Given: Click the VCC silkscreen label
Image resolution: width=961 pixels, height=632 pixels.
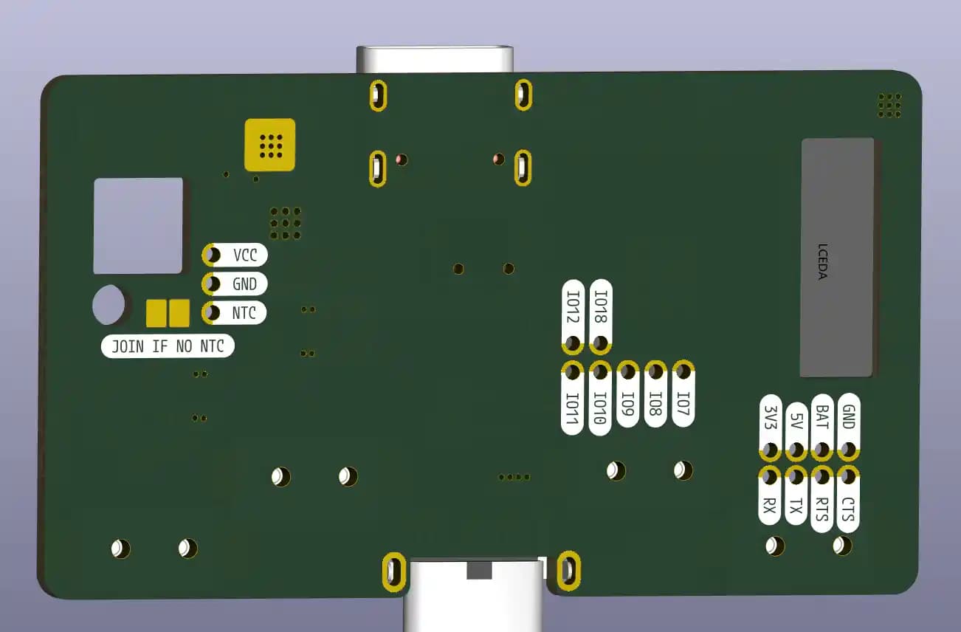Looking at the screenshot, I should point(245,255).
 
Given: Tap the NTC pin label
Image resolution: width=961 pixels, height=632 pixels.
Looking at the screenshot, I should point(244,313).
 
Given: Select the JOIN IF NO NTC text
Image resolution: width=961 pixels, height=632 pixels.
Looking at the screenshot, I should point(168,346).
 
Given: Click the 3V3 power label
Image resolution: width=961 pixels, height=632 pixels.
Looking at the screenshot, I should point(771,419).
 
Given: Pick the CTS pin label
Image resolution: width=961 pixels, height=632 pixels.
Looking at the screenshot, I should point(847,509).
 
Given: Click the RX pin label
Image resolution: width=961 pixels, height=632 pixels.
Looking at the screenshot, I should point(770,505).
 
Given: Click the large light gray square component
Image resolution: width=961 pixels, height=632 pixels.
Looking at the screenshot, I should point(138,225).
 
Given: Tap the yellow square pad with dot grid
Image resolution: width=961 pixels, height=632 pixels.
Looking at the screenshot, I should point(270,144).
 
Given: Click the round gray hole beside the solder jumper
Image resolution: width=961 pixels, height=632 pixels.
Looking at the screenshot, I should point(109,304).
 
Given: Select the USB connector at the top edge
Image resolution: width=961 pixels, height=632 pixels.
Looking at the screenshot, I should point(435,59).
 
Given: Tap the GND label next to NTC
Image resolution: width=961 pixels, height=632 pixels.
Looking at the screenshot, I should point(244,284).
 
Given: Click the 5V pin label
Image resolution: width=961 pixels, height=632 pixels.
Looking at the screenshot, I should point(796,423).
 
